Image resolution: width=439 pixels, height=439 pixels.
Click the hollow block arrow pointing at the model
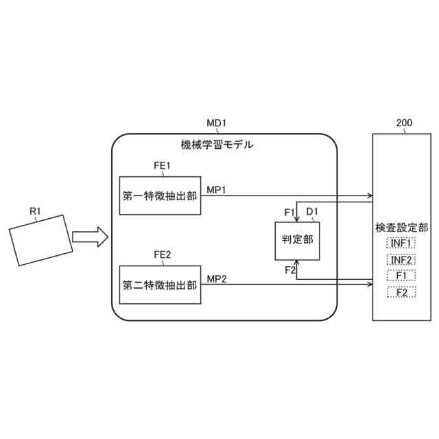point(91,237)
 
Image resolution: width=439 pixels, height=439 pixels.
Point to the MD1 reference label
point(217,123)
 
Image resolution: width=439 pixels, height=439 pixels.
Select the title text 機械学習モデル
point(217,145)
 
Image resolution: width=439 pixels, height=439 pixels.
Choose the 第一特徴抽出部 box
point(160,195)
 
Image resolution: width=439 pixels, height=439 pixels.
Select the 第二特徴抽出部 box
point(160,285)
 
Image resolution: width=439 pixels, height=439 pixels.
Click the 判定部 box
point(297,241)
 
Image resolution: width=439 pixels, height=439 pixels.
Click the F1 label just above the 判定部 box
point(289,211)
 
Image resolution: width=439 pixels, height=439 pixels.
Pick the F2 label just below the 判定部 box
point(289,270)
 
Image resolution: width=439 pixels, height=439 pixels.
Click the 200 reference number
point(404,123)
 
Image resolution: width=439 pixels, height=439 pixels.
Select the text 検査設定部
point(401,227)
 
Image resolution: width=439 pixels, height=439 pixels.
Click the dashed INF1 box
point(401,244)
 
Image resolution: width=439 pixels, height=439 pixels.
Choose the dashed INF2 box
point(401,260)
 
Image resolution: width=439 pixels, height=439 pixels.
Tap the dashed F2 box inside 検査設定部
point(401,293)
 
